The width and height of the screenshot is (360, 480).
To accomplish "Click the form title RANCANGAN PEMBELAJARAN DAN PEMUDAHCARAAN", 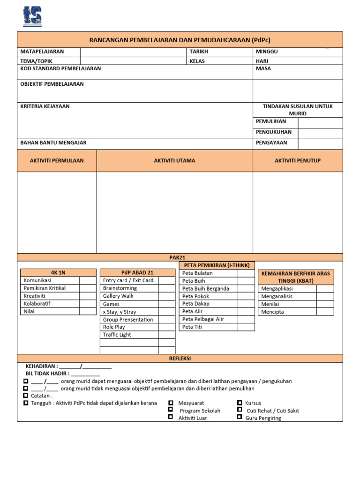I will click(180, 40).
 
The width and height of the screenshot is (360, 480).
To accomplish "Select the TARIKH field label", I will click(199, 52).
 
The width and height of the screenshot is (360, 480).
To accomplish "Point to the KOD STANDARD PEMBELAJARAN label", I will click(60, 68).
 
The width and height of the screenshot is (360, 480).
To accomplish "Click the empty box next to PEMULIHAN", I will click(320, 122).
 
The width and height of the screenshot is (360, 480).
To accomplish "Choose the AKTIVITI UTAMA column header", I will click(174, 161).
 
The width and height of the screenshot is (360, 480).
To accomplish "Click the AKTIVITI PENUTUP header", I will click(298, 161).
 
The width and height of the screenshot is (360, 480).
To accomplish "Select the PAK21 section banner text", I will click(180, 257).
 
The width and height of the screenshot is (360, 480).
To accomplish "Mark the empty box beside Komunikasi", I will click(87, 280).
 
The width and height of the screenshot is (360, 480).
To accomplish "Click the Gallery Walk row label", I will click(118, 296).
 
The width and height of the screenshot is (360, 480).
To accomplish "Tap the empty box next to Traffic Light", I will click(166, 335).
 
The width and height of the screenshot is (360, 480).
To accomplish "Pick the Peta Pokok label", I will click(195, 296).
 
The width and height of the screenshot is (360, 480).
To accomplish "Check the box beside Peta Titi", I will click(246, 327).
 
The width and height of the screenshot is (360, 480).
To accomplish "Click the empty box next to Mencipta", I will click(325, 312).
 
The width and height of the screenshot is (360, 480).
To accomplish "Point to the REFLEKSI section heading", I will click(180, 359).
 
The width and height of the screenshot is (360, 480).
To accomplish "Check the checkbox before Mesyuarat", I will click(171, 403).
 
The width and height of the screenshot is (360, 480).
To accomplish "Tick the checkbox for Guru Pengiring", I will click(240, 417).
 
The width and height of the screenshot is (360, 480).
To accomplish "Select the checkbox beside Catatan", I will click(25, 395).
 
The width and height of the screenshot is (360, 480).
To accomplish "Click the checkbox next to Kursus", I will click(240, 403).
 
